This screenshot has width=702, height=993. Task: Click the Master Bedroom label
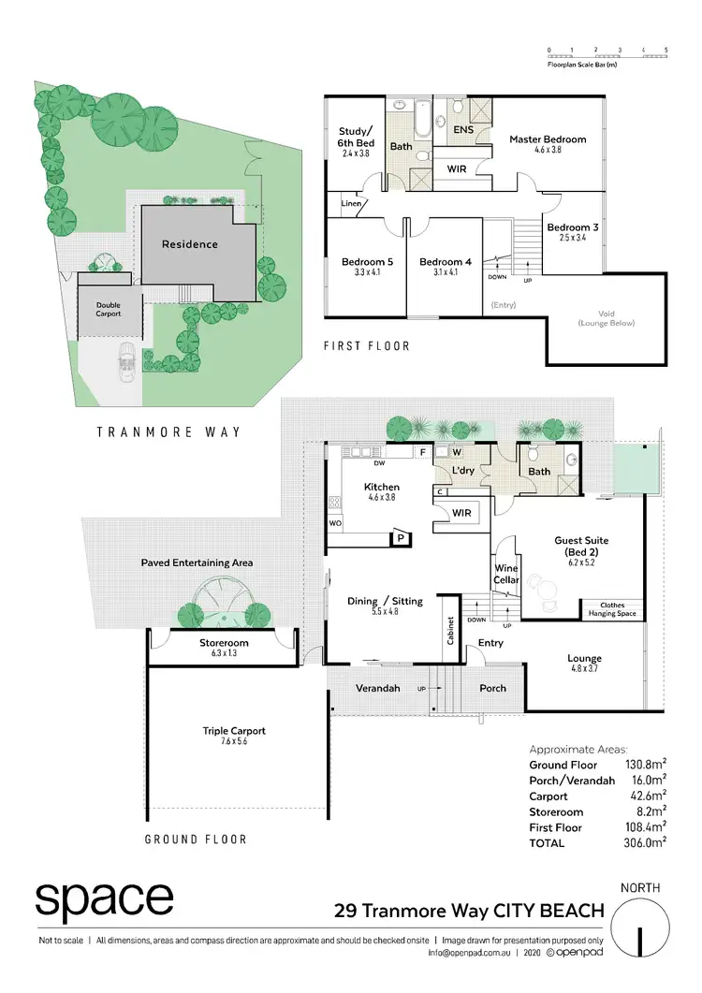point(548,139)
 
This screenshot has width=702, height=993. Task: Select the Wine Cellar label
point(505,574)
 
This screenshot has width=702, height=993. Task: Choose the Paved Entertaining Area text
point(197,562)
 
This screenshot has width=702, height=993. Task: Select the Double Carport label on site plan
point(99,309)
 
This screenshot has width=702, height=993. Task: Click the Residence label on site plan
point(189,244)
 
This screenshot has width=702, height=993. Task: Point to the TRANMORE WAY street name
point(168,431)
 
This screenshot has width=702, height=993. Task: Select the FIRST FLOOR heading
point(367,346)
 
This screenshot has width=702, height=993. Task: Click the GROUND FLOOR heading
point(196,840)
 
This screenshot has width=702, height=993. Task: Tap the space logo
point(104,900)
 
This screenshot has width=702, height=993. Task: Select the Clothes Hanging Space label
point(612,609)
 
